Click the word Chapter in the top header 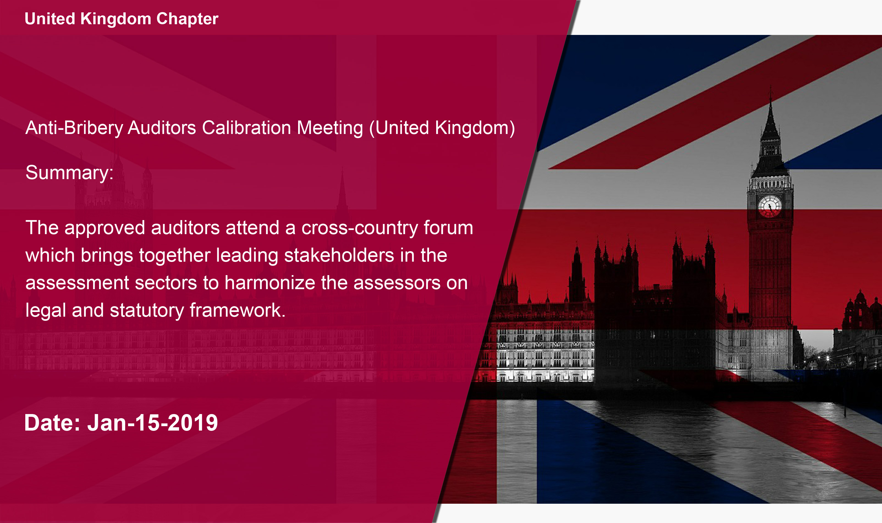(187, 19)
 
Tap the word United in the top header (50, 19)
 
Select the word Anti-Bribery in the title (74, 128)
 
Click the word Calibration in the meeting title (247, 128)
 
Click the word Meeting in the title (330, 128)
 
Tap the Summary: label (69, 173)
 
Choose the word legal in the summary (45, 311)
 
